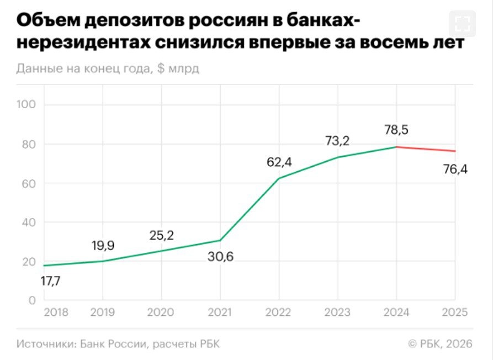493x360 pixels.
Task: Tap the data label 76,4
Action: (x=454, y=170)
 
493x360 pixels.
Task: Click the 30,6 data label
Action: (x=220, y=256)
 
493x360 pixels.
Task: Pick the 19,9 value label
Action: (x=103, y=246)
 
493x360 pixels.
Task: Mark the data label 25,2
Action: (x=162, y=236)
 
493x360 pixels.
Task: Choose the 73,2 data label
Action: (x=337, y=141)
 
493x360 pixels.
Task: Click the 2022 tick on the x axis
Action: (x=279, y=313)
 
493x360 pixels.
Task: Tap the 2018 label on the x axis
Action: (x=56, y=313)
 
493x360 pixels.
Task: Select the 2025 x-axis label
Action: (x=454, y=313)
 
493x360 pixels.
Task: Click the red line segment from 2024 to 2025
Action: (x=426, y=149)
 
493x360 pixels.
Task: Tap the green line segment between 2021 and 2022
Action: (x=250, y=209)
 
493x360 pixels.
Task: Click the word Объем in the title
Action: (x=49, y=22)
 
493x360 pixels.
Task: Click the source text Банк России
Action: (x=113, y=343)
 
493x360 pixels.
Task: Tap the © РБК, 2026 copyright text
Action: (x=440, y=343)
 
